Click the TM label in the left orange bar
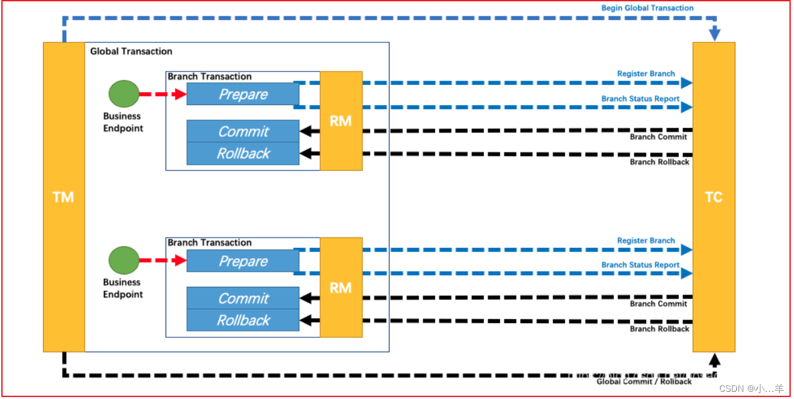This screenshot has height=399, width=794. coord(63,197)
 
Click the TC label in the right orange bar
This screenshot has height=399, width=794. coord(713,197)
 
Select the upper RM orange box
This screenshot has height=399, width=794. coord(341,121)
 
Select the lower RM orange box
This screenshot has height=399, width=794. coord(341,287)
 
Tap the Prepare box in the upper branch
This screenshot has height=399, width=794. coord(243,94)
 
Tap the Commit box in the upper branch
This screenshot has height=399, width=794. coord(243,131)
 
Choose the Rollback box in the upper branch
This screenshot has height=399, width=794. coord(243,154)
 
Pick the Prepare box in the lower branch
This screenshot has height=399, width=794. coord(243,261)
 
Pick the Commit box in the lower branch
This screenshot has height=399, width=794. coord(243,298)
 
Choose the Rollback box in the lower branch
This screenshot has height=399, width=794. coord(243,320)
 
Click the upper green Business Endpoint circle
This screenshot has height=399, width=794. coord(123,94)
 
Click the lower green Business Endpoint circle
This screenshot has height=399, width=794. coord(123,260)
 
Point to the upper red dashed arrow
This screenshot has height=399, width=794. coord(162,95)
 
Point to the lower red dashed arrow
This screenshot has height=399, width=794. coord(162,261)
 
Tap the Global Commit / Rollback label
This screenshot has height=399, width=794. coord(644,381)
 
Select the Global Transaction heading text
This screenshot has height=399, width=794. coord(131,51)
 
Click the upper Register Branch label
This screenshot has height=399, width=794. coord(646,74)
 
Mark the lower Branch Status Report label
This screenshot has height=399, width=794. coord(640,265)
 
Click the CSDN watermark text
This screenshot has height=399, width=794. coord(752,389)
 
